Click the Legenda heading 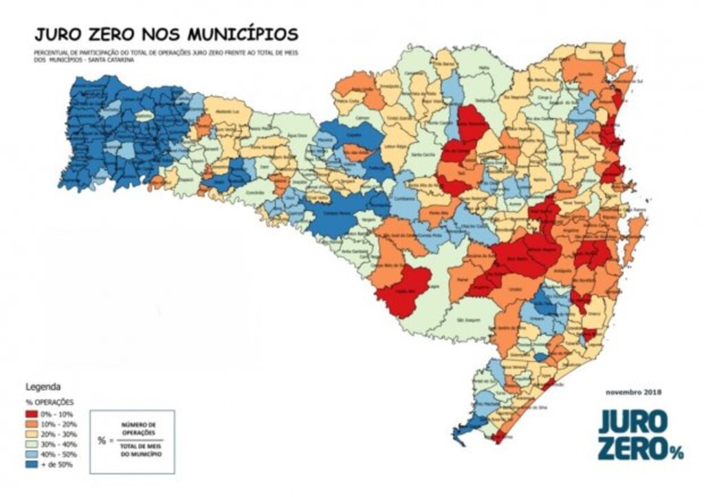pyautogui.click(x=43, y=386)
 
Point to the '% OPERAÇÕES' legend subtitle pyautogui.click(x=49, y=401)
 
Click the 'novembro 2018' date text pyautogui.click(x=632, y=392)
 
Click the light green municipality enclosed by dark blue pyautogui.click(x=144, y=117)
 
